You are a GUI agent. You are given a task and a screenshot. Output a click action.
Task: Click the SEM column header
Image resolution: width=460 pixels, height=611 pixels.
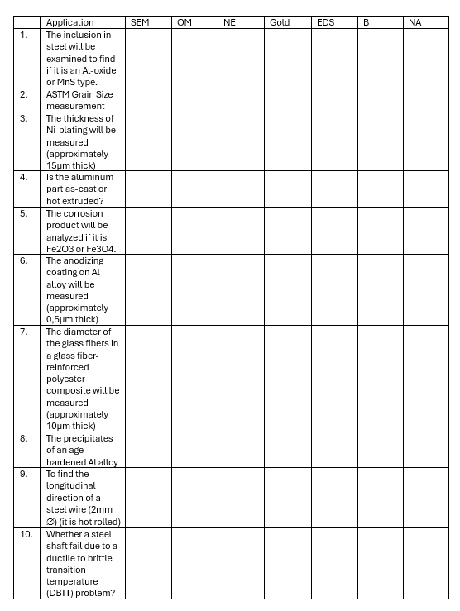(140, 22)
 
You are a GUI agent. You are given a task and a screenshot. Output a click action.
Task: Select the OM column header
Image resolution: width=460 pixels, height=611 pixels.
(184, 22)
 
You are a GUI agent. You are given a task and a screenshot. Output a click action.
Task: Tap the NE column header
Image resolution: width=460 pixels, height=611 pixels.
(229, 22)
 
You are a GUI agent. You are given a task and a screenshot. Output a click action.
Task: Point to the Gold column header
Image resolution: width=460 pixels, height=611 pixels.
(280, 22)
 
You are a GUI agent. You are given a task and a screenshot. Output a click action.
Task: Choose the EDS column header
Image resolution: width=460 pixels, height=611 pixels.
(325, 22)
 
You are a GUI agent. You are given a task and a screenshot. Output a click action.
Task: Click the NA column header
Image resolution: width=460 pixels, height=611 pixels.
(415, 22)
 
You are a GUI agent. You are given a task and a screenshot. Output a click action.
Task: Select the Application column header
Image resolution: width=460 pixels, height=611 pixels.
(69, 22)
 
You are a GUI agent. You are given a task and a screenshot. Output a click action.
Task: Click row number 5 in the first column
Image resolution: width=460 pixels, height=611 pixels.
(24, 213)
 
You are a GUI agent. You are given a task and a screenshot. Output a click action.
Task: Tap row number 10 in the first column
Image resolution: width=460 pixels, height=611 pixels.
(26, 534)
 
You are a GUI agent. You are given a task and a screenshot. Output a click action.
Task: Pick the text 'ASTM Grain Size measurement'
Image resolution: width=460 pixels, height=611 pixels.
(79, 100)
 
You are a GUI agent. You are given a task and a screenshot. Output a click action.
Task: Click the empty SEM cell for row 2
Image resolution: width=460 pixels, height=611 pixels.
(147, 100)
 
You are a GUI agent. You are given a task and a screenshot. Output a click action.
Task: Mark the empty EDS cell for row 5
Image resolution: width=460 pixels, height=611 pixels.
(333, 231)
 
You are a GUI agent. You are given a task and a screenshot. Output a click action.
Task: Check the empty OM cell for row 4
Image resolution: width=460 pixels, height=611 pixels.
(194, 189)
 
